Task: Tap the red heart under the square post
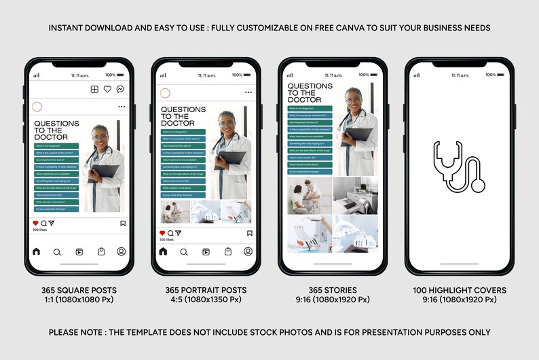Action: (x=36, y=223)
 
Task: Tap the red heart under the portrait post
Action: (x=162, y=233)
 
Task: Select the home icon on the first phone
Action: (x=36, y=251)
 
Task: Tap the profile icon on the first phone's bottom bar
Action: (x=122, y=251)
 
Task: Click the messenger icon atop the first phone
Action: (x=120, y=89)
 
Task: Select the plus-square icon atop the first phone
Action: (x=94, y=89)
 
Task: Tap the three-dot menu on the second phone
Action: (x=248, y=92)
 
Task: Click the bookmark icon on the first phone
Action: (x=123, y=223)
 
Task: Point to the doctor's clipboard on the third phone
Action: (x=358, y=133)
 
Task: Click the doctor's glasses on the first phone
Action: (x=100, y=137)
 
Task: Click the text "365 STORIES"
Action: (x=332, y=290)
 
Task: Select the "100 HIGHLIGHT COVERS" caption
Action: (x=459, y=290)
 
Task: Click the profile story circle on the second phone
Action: (x=164, y=92)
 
